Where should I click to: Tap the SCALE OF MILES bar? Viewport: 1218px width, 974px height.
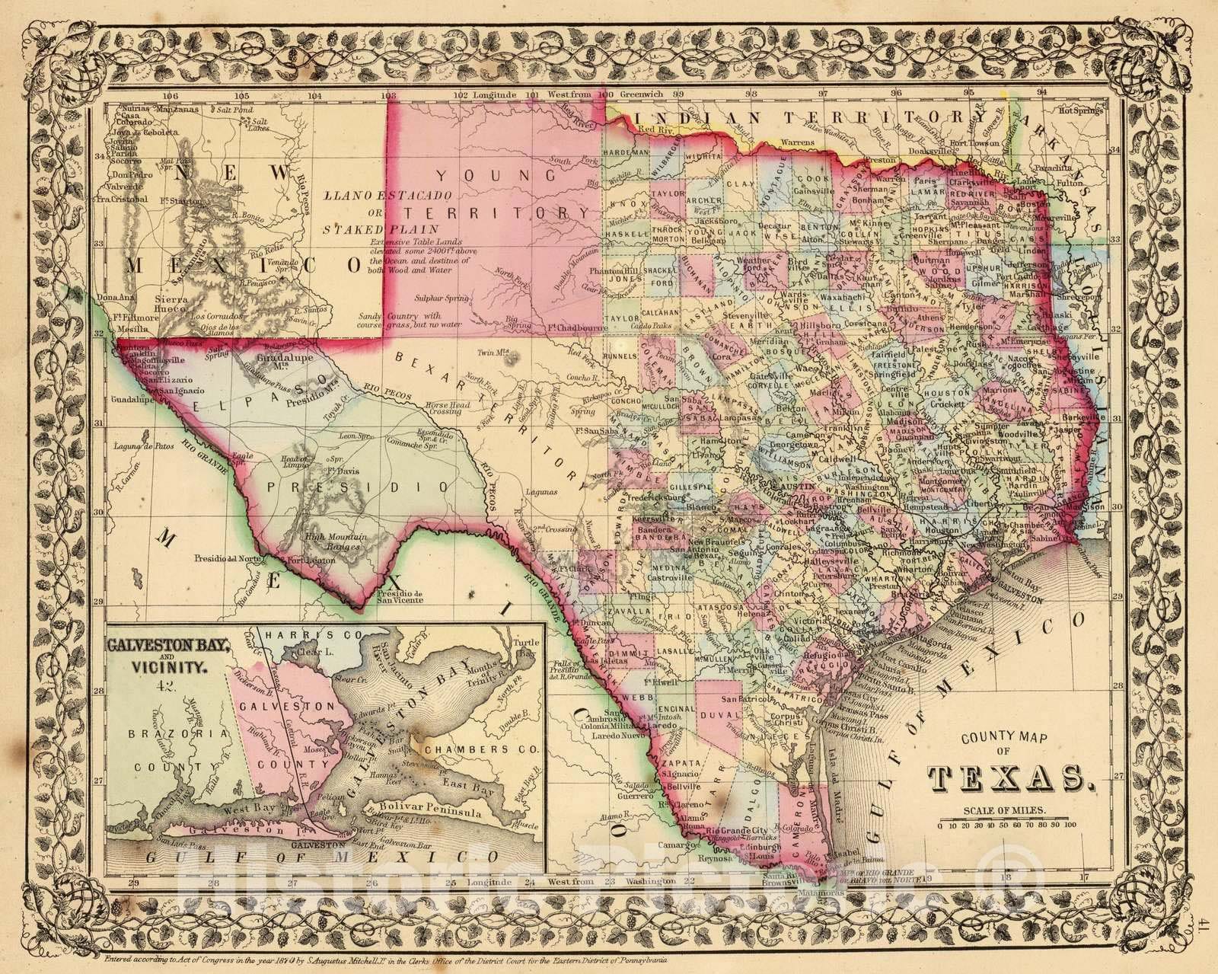click(x=1008, y=824)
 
